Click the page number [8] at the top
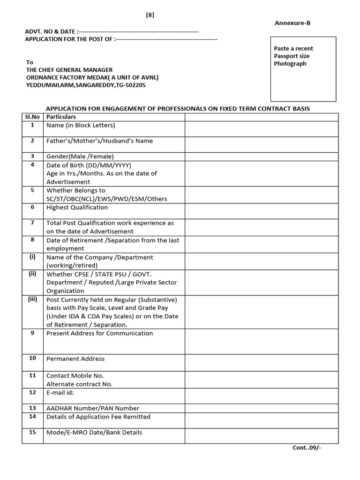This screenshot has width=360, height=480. (x=150, y=15)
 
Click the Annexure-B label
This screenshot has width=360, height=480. (x=292, y=22)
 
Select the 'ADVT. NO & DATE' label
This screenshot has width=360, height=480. (x=51, y=31)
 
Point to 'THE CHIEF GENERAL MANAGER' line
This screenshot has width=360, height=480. (x=69, y=70)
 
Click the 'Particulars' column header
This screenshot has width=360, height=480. (x=61, y=117)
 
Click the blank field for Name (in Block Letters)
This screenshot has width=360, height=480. (x=261, y=129)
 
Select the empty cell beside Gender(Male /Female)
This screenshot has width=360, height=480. (x=261, y=156)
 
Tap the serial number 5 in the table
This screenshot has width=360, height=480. (x=33, y=190)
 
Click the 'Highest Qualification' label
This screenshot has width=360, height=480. (x=77, y=207)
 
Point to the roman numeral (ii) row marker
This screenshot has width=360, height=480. (x=33, y=274)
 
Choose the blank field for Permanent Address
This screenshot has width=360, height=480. (x=261, y=362)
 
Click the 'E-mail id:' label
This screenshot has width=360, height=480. (x=60, y=392)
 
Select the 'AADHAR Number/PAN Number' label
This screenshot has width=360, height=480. (x=92, y=408)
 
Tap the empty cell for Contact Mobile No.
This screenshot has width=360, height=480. (x=261, y=379)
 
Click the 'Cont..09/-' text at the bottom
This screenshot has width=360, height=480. (x=307, y=447)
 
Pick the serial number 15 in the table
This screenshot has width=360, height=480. (x=33, y=432)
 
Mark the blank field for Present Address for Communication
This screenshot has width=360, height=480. (x=261, y=341)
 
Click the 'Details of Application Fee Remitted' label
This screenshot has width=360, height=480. (x=98, y=417)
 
